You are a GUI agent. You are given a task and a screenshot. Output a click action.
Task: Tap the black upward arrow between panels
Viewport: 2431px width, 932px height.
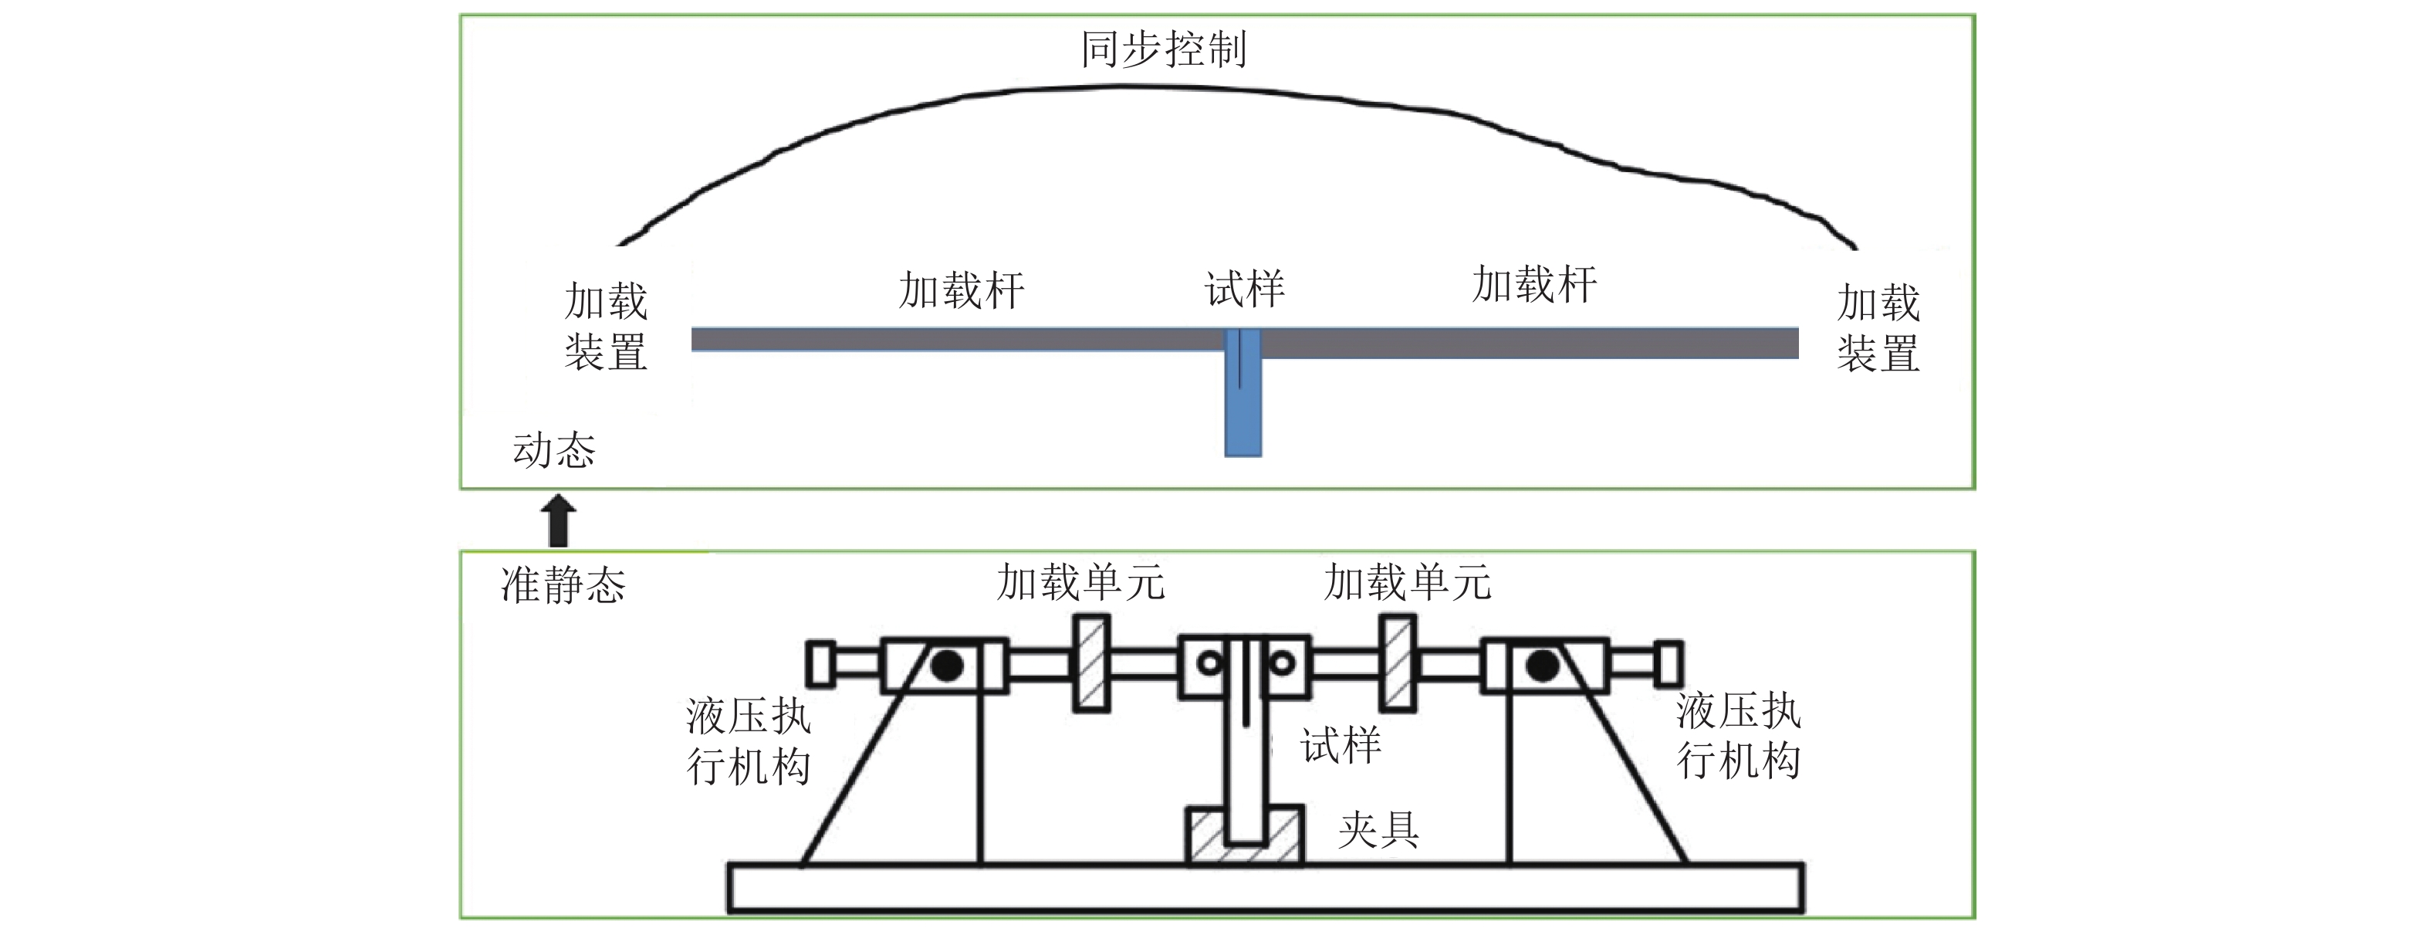(558, 520)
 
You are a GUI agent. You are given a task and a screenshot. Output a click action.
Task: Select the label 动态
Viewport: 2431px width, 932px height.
(554, 450)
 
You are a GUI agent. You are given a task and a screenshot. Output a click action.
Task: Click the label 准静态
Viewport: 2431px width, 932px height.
(563, 585)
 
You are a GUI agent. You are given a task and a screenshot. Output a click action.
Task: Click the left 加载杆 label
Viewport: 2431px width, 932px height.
(961, 290)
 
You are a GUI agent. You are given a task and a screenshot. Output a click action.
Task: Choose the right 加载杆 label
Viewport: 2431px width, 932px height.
(1534, 284)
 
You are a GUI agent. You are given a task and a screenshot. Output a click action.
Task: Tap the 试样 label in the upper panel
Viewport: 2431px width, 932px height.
(1244, 289)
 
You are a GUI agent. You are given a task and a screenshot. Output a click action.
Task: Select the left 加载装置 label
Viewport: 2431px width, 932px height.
(606, 327)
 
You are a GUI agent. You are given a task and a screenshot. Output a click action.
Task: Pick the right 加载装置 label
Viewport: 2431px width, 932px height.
(1878, 329)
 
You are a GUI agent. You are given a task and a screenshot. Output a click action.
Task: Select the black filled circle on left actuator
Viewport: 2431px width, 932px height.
(946, 666)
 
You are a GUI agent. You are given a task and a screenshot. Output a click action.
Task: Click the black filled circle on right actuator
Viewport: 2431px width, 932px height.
(1542, 666)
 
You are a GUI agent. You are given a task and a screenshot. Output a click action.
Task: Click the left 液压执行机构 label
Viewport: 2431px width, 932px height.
(747, 741)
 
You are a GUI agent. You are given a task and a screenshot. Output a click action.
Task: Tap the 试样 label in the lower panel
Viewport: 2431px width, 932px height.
(1340, 746)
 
